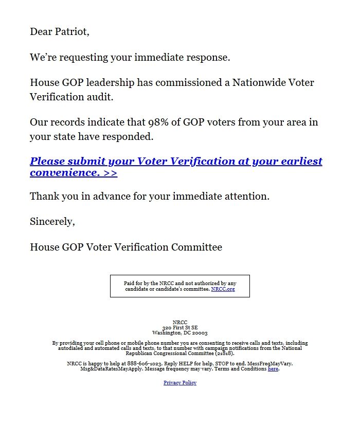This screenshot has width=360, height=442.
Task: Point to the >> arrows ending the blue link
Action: pyautogui.click(x=110, y=173)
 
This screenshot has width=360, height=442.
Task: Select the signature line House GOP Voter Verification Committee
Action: pyautogui.click(x=126, y=247)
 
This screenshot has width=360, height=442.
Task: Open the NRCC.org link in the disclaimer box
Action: pyautogui.click(x=223, y=289)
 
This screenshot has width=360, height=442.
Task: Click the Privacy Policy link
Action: pyautogui.click(x=180, y=383)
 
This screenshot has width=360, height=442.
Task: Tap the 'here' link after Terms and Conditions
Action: pyautogui.click(x=273, y=369)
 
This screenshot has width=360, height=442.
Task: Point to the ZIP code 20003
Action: pyautogui.click(x=200, y=333)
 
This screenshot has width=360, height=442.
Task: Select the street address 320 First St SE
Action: pyautogui.click(x=180, y=328)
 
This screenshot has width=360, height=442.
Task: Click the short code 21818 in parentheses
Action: pyautogui.click(x=225, y=353)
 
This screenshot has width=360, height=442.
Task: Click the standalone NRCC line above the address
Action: pyautogui.click(x=180, y=323)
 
